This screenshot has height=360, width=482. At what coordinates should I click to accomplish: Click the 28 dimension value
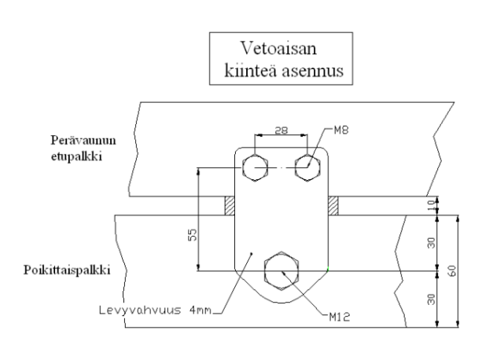(x=280, y=128)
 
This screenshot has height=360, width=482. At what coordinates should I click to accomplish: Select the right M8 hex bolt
(x=306, y=167)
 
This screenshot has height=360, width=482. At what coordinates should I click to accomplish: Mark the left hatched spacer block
(x=230, y=206)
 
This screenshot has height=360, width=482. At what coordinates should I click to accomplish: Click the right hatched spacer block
(x=333, y=206)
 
